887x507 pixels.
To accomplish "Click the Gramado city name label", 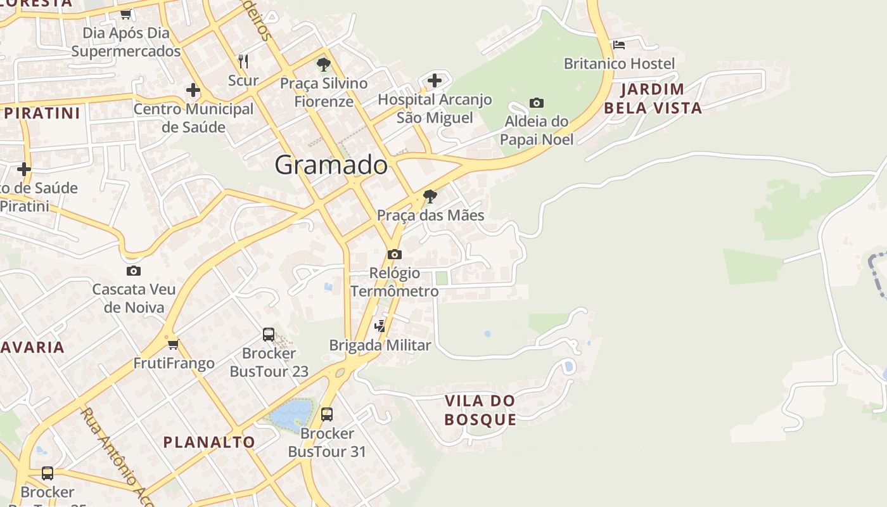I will [x=331, y=165].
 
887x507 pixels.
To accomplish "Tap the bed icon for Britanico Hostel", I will [x=619, y=44].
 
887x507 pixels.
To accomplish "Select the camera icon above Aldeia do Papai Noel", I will [x=536, y=103].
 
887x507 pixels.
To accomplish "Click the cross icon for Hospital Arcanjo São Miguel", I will [x=434, y=80].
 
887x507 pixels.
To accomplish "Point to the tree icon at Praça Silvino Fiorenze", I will [x=323, y=64].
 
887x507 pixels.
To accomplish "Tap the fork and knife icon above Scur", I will [x=243, y=61].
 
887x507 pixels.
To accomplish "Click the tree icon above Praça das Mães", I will [x=430, y=196].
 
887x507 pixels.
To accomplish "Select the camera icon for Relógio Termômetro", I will [x=394, y=254].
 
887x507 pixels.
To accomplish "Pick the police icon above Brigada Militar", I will [x=380, y=326].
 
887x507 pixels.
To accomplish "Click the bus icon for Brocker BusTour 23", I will [x=269, y=334].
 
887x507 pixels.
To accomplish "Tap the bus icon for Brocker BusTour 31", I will [x=327, y=414].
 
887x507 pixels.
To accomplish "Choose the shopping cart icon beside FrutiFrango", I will [x=174, y=344].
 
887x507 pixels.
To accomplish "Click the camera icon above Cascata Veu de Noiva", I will [x=133, y=271].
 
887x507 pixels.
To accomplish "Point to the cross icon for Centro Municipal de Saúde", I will [x=193, y=90].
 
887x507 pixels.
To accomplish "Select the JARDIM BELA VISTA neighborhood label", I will [x=653, y=98].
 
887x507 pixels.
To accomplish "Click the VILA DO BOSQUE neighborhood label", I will [x=480, y=409].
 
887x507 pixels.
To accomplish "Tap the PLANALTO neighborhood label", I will [x=209, y=442].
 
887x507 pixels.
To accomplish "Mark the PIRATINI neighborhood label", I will [x=42, y=113].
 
